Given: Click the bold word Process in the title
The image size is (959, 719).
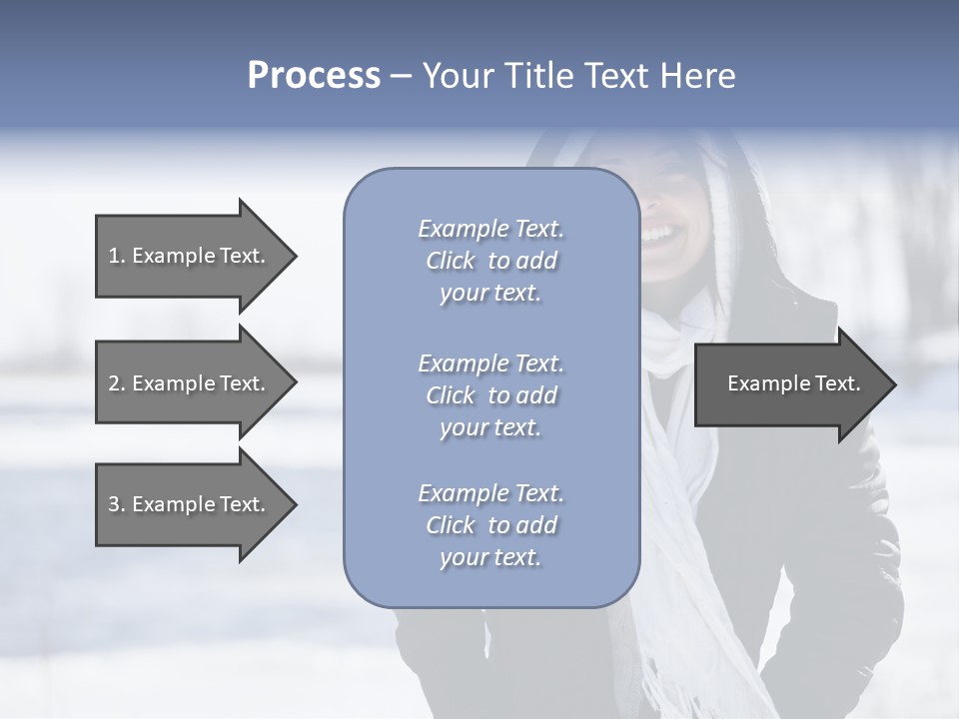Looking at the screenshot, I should tap(314, 76).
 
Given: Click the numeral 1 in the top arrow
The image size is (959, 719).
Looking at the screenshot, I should tap(114, 256).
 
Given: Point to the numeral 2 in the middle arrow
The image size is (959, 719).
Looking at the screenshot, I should tap(114, 383).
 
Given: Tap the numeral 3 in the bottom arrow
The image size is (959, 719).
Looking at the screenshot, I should tap(114, 504).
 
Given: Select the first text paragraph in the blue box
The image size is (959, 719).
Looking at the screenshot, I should tap(490, 261).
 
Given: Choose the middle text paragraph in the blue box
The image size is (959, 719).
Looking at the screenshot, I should tap(490, 395).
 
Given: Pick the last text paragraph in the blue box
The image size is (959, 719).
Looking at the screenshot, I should tap(490, 525).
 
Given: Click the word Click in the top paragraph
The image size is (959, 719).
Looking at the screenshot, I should tap(451, 261).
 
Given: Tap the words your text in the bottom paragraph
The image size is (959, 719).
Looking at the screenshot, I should tap(490, 557).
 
